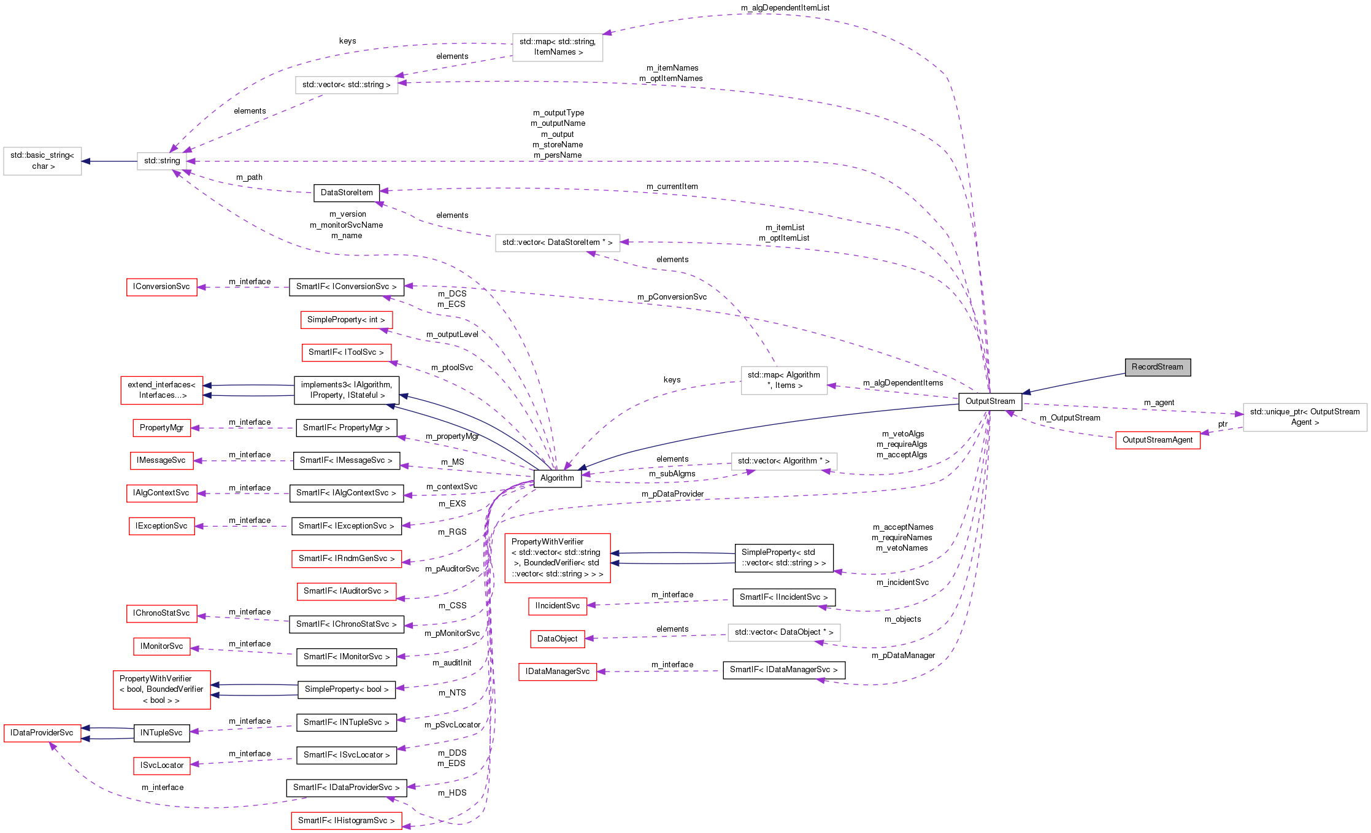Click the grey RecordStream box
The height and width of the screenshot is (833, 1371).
click(x=1157, y=367)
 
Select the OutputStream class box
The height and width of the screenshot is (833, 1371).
click(x=989, y=401)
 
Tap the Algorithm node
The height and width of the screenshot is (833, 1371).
click(x=557, y=478)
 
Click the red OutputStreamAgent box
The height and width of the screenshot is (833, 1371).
click(x=1157, y=440)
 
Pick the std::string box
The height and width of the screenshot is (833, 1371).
click(x=162, y=161)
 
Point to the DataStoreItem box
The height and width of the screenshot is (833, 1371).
click(x=346, y=193)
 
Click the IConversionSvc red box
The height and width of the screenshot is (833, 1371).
click(x=161, y=287)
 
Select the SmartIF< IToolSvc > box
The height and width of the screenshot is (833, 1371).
click(x=346, y=352)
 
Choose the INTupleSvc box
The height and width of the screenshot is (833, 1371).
click(x=161, y=733)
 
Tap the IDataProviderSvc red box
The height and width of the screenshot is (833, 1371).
click(x=42, y=733)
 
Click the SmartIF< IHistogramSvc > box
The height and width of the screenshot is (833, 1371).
click(x=346, y=821)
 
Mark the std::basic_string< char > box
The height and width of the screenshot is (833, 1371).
click(x=42, y=161)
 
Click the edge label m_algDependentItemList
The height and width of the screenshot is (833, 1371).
click(x=785, y=8)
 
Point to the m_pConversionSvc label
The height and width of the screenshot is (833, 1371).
click(x=672, y=297)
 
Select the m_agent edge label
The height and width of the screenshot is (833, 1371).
click(x=1159, y=403)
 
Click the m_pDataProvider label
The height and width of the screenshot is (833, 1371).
click(x=672, y=494)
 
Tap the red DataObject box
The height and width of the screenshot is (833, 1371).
click(x=557, y=639)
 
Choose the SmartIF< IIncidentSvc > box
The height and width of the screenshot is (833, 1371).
click(x=783, y=597)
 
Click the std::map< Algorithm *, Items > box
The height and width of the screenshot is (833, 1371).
click(x=784, y=381)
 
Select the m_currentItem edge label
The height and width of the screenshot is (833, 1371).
click(x=672, y=187)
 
